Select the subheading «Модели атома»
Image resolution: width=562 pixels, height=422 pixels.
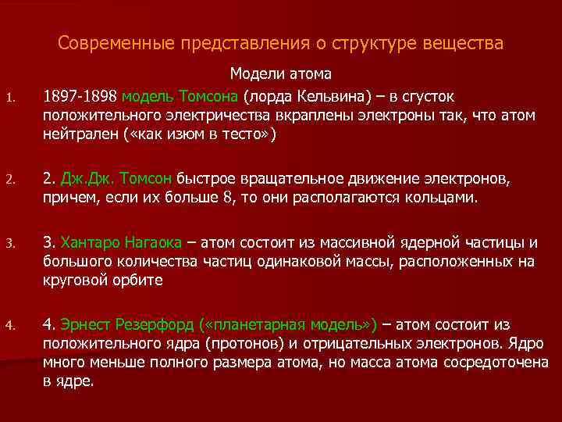[280, 74]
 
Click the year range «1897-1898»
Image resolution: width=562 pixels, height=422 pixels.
[81, 96]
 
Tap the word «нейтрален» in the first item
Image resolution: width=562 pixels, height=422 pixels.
[76, 134]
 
